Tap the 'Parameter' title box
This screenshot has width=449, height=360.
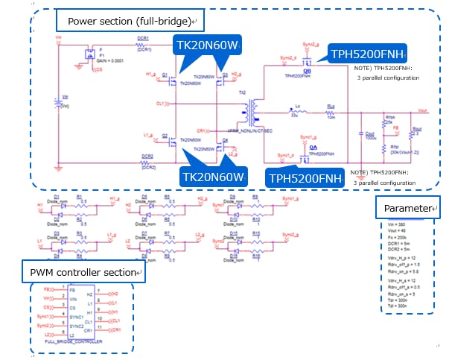pyautogui.click(x=408, y=208)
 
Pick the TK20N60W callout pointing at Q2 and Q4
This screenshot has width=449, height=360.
pyautogui.click(x=214, y=177)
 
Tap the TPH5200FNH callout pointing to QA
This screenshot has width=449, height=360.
pyautogui.click(x=302, y=178)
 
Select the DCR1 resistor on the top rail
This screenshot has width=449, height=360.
pyautogui.click(x=144, y=44)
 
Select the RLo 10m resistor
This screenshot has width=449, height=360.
pyautogui.click(x=331, y=113)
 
